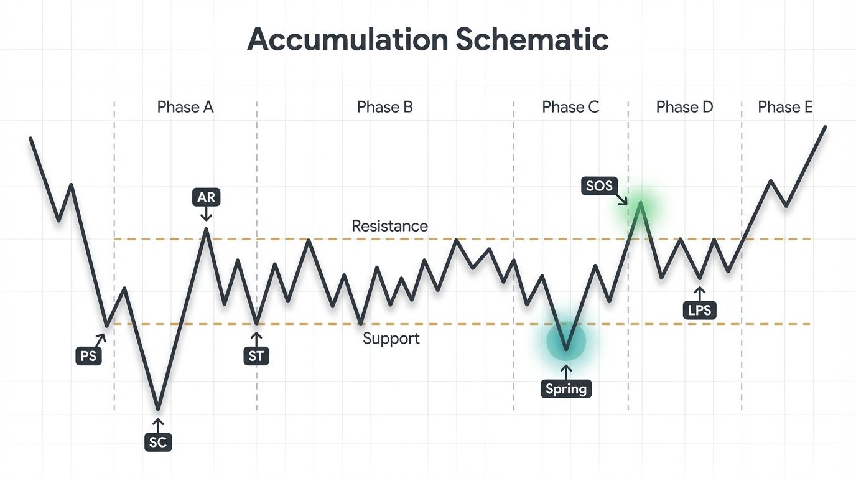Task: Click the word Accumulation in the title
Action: point(347,40)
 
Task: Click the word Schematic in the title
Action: point(532,40)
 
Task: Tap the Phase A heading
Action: point(185,107)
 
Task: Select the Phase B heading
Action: point(384,107)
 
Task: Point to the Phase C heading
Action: point(570,107)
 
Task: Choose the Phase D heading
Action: point(684,107)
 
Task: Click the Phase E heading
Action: point(785,107)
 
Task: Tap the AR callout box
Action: point(206,198)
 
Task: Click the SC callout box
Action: point(158,442)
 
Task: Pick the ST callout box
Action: point(256,356)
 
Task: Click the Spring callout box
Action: point(566,389)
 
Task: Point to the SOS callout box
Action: point(599,185)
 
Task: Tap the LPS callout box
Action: point(699,310)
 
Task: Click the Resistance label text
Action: point(389,225)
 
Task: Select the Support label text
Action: point(391,339)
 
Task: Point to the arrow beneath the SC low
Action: point(158,425)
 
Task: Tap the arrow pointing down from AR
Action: point(206,215)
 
